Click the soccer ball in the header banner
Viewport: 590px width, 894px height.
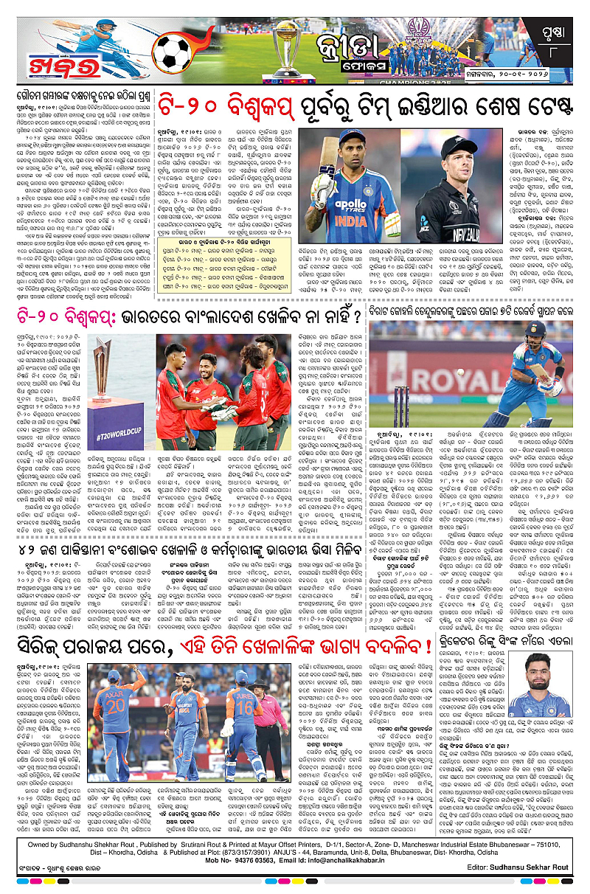(172, 54)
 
